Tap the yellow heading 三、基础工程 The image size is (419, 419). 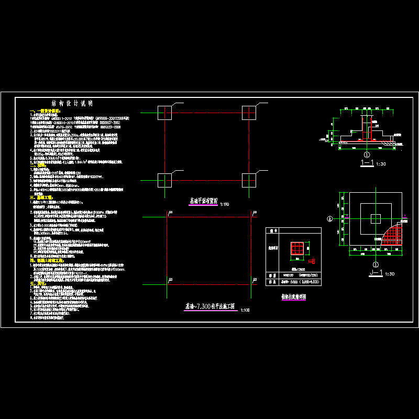40,197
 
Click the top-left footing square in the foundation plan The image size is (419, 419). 164,112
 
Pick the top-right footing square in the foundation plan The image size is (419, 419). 248,112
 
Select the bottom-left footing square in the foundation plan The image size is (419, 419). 164,180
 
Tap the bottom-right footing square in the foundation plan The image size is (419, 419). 248,180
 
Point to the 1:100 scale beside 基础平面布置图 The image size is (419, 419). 225,204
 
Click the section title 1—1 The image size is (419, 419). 367,163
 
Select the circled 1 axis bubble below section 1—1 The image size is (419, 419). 367,155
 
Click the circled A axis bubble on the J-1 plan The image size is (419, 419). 330,219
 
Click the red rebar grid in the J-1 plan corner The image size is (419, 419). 393,234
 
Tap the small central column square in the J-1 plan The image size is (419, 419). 376,218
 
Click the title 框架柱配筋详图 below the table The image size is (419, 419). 293,296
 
